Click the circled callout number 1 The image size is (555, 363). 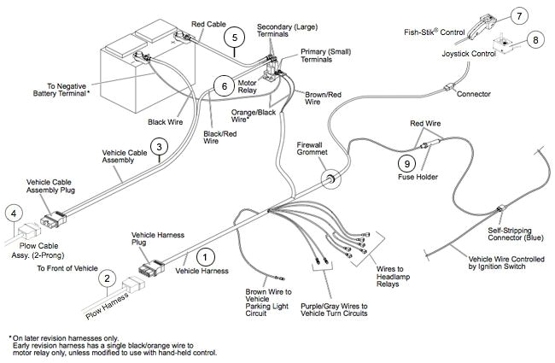[202, 255]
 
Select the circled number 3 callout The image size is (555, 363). [158, 148]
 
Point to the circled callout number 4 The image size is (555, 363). [13, 214]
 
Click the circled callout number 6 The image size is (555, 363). [220, 85]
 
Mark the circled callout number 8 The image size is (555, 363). [535, 38]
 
